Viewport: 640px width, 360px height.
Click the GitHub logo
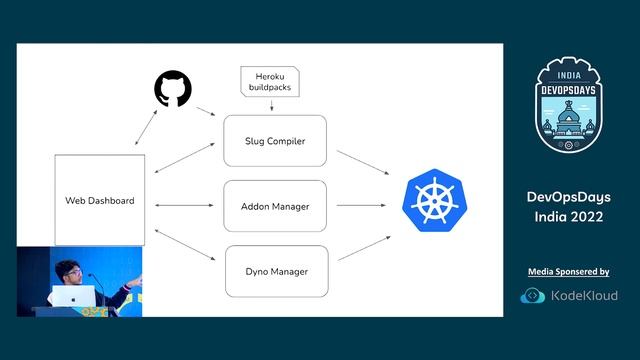tap(173, 89)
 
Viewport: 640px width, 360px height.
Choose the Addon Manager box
tap(274, 206)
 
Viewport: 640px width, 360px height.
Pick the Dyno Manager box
tap(274, 270)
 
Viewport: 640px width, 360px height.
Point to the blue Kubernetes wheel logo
tap(435, 199)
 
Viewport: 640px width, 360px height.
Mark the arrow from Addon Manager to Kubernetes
tap(363, 205)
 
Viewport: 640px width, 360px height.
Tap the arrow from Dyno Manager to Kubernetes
tap(363, 248)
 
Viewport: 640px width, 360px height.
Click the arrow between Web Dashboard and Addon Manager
tap(187, 205)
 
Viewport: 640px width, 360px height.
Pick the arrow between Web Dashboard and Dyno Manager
tap(186, 246)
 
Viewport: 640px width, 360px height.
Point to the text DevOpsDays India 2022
tap(568, 207)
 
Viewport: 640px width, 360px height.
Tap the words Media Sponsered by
tap(568, 272)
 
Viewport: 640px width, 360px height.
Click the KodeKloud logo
tap(568, 295)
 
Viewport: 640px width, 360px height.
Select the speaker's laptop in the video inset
tap(71, 297)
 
